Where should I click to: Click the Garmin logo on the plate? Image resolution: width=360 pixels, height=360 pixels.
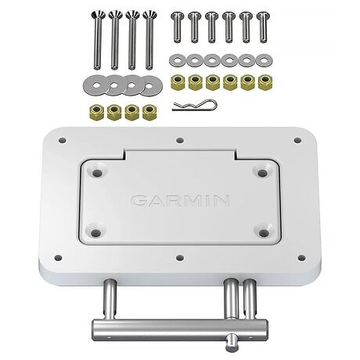pos(180,200)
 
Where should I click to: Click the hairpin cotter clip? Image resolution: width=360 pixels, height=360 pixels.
pos(195,105)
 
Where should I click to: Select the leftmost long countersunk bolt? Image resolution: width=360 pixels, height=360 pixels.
pos(97,40)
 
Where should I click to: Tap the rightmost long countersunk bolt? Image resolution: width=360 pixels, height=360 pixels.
pos(149,40)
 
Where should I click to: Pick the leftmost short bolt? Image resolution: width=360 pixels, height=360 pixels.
pos(178,27)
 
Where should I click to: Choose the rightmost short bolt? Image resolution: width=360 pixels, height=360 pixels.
pos(263,27)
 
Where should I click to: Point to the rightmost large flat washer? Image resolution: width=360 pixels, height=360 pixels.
pos(149,85)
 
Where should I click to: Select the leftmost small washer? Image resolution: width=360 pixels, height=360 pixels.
pos(177,60)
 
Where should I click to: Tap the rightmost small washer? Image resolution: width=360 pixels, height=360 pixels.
pos(264,60)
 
